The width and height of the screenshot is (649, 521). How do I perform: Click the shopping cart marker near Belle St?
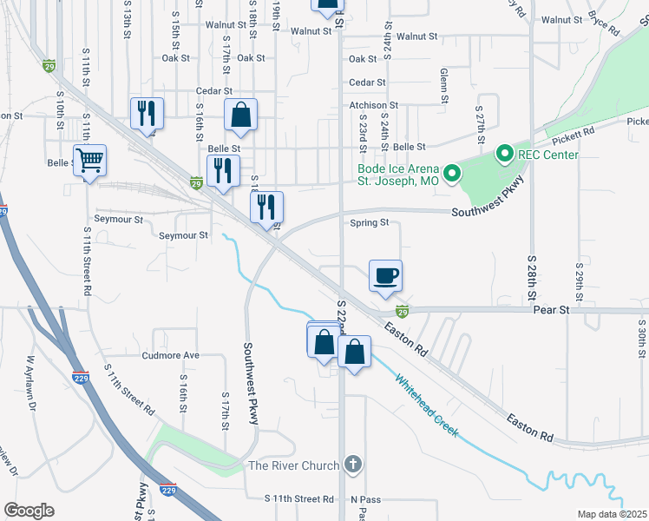[x=90, y=160]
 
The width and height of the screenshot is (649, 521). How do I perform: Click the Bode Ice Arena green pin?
[x=451, y=175]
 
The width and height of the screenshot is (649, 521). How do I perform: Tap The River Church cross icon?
[x=352, y=466]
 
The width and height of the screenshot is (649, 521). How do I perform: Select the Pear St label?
[x=551, y=309]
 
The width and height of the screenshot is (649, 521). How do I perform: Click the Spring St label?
[x=369, y=222]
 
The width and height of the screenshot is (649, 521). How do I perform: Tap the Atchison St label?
[x=373, y=105]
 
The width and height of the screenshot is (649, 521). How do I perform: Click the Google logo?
[x=29, y=510]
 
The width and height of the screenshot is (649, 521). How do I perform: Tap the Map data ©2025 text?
[x=612, y=514]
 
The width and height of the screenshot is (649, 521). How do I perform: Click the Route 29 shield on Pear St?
[x=402, y=310]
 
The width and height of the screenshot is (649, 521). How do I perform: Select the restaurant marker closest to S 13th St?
[x=147, y=113]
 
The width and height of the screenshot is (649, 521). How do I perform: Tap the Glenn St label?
[x=443, y=86]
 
